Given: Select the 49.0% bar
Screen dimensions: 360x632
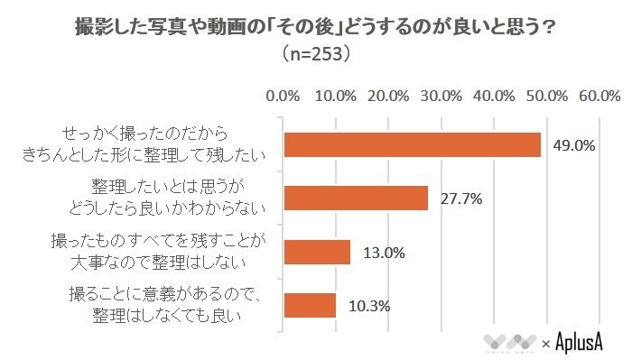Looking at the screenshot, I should point(413,144).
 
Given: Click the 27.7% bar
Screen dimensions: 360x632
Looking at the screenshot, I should point(356,198).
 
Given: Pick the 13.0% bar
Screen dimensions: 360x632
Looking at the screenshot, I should point(317,252).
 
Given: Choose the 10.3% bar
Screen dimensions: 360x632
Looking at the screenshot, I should point(311,305).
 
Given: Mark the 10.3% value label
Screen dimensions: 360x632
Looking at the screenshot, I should point(368,306).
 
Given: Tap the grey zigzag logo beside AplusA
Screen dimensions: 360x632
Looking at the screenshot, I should point(509,342).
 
